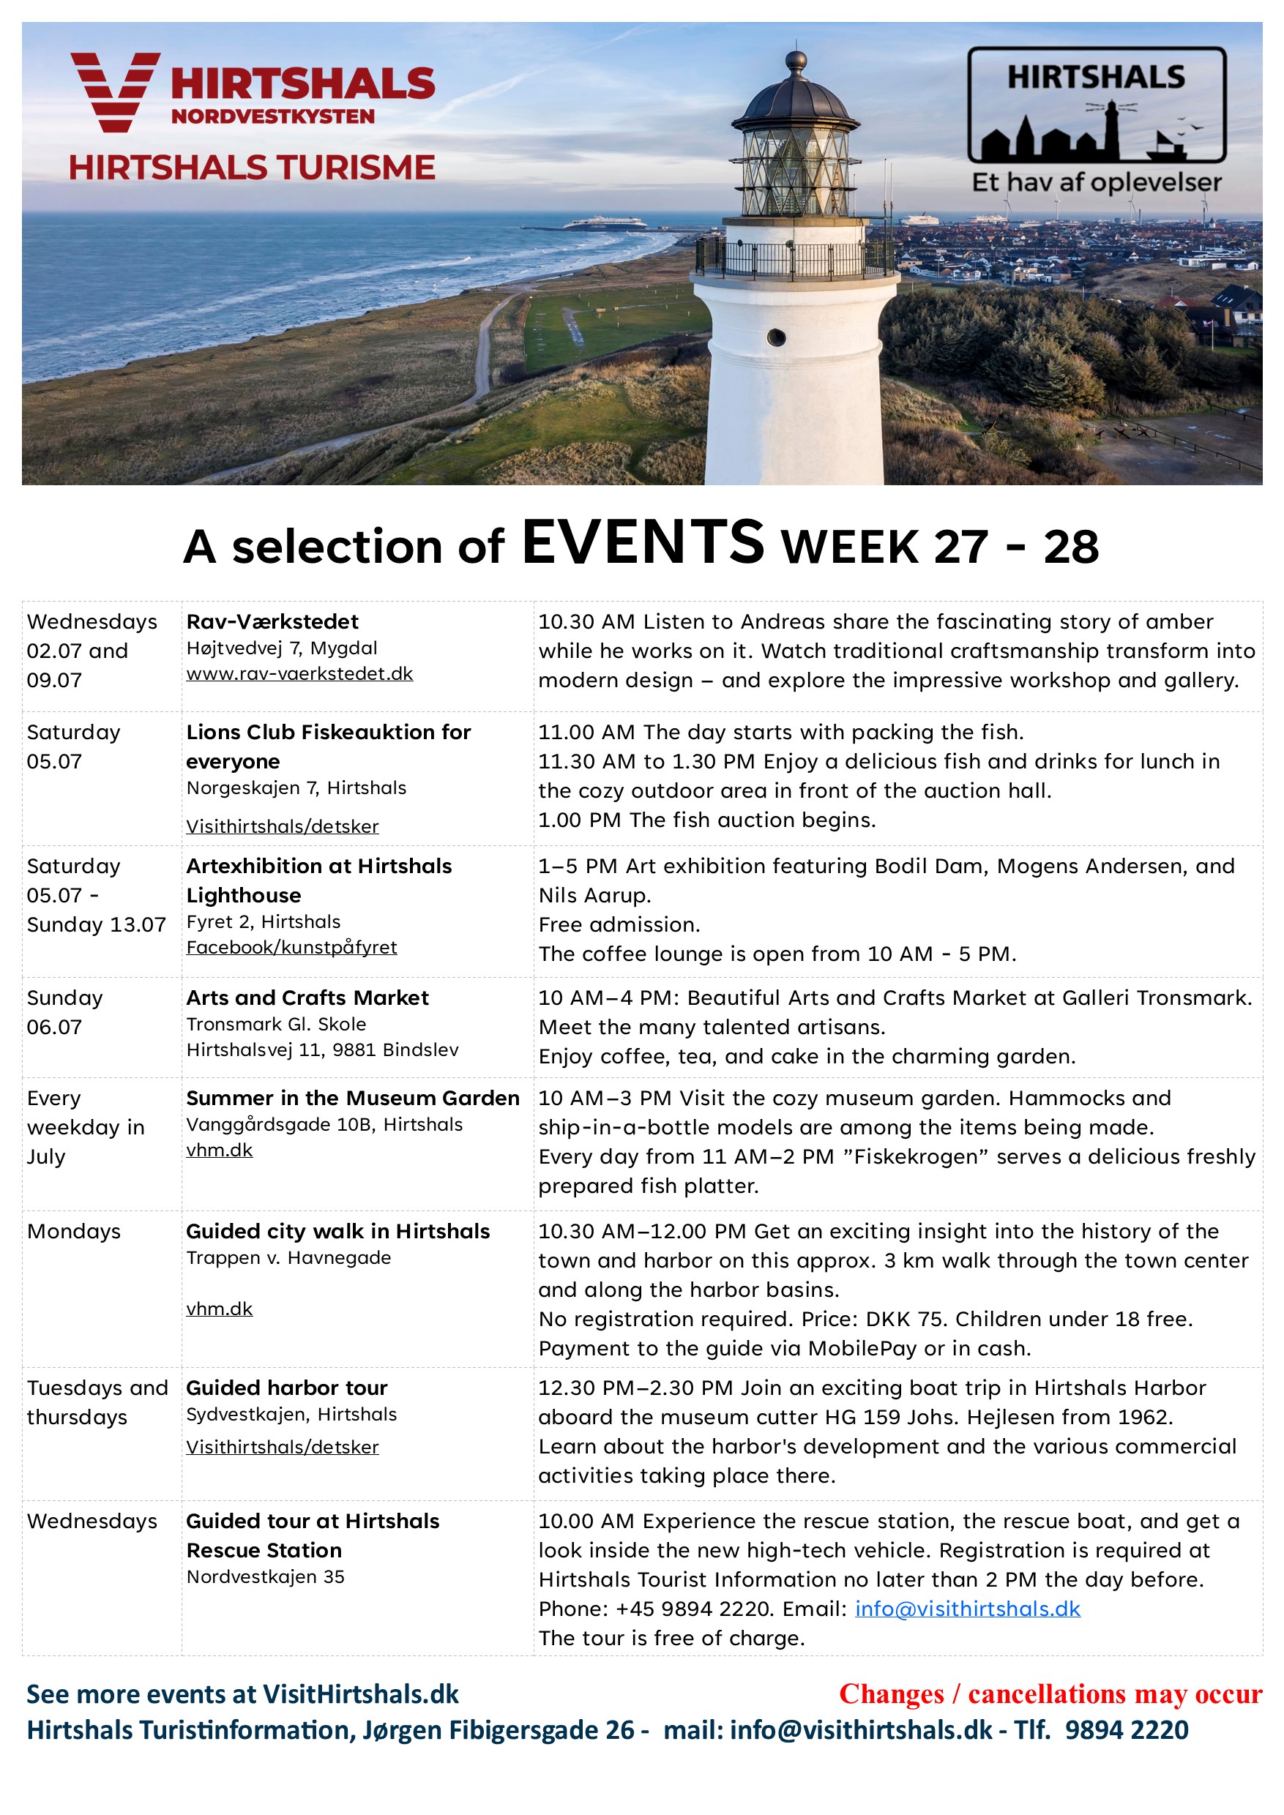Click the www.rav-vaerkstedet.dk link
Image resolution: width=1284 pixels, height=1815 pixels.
pyautogui.click(x=299, y=673)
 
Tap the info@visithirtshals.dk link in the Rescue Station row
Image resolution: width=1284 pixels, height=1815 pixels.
pyautogui.click(x=967, y=1609)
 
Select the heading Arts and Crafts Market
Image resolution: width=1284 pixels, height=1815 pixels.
pyautogui.click(x=307, y=998)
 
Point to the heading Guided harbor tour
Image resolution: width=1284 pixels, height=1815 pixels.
pyautogui.click(x=286, y=1388)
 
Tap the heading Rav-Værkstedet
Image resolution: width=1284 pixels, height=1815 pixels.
pyautogui.click(x=272, y=621)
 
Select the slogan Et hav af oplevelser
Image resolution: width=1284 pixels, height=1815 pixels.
pyautogui.click(x=1096, y=183)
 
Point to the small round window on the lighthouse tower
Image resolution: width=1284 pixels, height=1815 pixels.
pyautogui.click(x=777, y=337)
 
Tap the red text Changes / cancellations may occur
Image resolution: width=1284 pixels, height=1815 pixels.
pyautogui.click(x=1050, y=1694)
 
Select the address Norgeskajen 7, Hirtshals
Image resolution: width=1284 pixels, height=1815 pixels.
pyautogui.click(x=296, y=788)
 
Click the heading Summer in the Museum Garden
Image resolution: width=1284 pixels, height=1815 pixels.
pyautogui.click(x=353, y=1098)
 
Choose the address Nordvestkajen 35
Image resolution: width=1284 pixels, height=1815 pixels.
pyautogui.click(x=265, y=1577)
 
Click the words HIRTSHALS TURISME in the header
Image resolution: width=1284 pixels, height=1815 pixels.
pyautogui.click(x=251, y=168)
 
